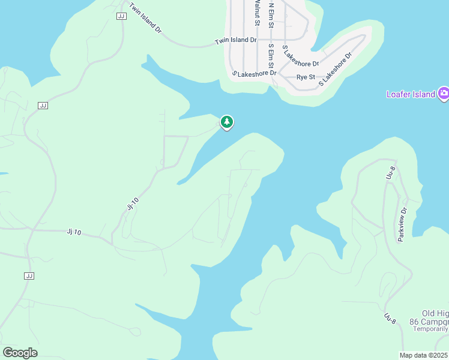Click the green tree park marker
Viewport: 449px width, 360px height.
click(227, 122)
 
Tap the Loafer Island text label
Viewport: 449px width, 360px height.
click(411, 94)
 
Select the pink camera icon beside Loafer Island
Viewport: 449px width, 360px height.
click(444, 93)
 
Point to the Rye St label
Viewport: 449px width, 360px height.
click(306, 77)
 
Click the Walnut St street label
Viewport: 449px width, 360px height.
click(257, 12)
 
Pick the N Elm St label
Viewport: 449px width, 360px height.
click(271, 15)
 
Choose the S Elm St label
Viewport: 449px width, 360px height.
click(271, 55)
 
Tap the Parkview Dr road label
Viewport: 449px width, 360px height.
click(403, 224)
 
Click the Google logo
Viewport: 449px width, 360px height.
click(20, 353)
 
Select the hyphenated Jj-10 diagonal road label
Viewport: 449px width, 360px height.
click(133, 203)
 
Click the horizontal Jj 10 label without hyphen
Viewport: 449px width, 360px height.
click(73, 232)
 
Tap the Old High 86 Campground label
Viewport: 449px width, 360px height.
click(435, 318)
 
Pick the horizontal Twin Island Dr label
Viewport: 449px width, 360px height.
click(236, 41)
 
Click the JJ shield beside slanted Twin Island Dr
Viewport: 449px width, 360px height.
click(121, 16)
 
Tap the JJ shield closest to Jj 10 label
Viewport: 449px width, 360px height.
click(29, 275)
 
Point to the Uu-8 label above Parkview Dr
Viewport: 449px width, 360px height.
click(390, 174)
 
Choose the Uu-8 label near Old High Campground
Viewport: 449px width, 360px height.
click(390, 319)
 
